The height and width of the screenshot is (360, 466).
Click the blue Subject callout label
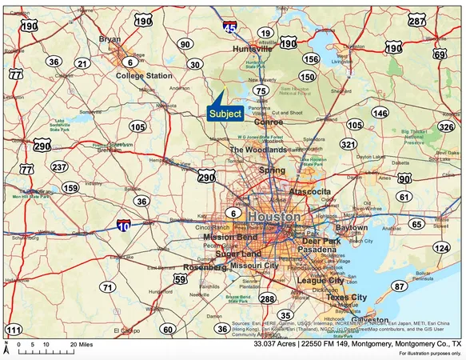[x=225, y=114]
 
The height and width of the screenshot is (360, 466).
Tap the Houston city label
[x=274, y=217]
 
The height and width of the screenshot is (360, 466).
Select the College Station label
[x=144, y=76]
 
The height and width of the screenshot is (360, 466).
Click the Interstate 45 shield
[x=229, y=29]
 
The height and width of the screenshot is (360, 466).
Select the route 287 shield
[x=417, y=21]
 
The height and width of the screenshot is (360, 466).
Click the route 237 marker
[x=59, y=167]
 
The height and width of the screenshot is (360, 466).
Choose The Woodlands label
[x=258, y=150]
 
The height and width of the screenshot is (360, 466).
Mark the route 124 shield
[x=441, y=248]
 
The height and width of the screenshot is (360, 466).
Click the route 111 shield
[x=14, y=330]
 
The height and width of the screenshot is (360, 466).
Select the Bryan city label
[x=109, y=38]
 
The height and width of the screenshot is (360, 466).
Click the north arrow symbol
[x=6, y=345]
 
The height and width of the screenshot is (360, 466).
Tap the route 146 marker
[x=380, y=114]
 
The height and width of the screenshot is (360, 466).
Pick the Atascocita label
[x=315, y=192]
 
